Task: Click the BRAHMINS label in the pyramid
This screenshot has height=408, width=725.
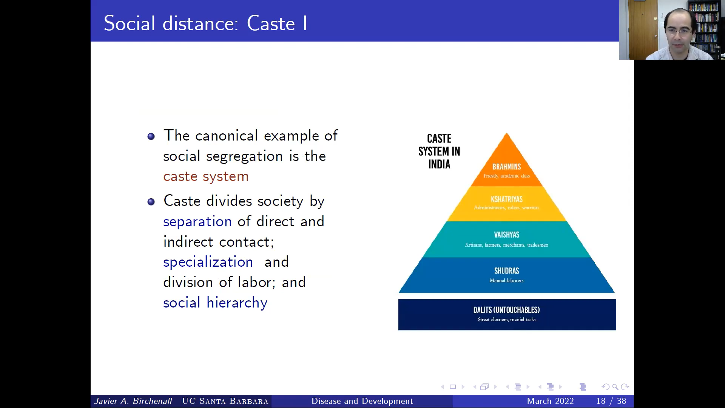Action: (x=506, y=167)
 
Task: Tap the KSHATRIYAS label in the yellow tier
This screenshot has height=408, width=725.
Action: (x=506, y=199)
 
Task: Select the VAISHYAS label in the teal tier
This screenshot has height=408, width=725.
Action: (x=506, y=235)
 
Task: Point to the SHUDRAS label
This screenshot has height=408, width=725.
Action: (x=506, y=271)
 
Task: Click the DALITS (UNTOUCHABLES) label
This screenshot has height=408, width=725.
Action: (x=506, y=310)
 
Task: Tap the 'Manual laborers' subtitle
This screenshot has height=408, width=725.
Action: (x=506, y=281)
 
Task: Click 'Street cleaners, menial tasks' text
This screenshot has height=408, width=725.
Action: (x=506, y=320)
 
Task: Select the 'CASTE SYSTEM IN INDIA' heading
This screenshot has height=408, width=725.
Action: (x=439, y=151)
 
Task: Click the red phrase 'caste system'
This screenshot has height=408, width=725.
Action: (x=206, y=176)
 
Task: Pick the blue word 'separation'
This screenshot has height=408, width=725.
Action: (x=197, y=222)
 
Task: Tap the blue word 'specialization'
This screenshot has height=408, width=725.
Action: (x=208, y=262)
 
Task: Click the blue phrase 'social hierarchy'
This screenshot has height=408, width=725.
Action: (x=215, y=303)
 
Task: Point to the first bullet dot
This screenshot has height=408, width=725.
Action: (x=151, y=136)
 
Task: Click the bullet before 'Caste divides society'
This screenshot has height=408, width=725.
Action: (x=151, y=202)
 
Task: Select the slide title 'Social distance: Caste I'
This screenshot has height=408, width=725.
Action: (x=206, y=23)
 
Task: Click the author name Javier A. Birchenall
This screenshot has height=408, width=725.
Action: (x=133, y=401)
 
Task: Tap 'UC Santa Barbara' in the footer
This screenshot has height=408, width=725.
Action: (x=225, y=401)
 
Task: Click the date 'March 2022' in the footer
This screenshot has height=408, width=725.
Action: (x=550, y=401)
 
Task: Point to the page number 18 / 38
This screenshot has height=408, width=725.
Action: (x=611, y=401)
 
